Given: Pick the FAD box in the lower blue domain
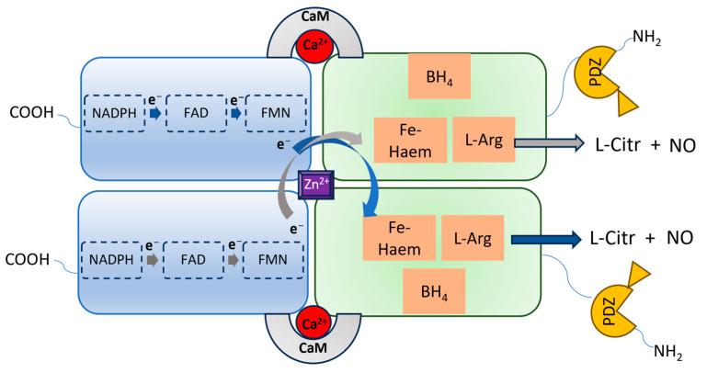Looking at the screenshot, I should coord(188,259).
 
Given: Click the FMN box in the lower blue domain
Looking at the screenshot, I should coord(261,259).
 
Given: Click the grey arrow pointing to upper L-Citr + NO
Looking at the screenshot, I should coord(552,142).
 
